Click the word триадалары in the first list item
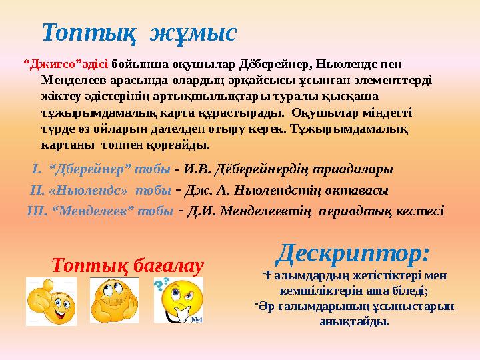point(354,169)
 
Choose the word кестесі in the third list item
point(417,211)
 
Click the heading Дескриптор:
point(353,253)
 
